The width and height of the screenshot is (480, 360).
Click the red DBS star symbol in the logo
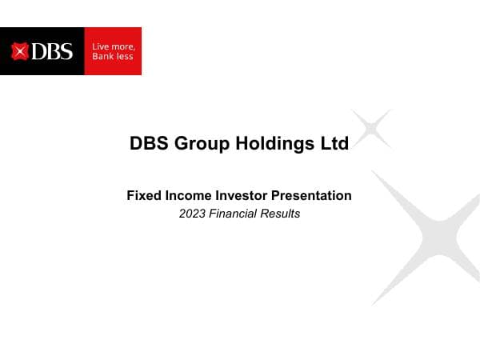[x=21, y=52]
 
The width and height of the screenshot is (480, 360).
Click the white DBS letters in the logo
[x=52, y=52]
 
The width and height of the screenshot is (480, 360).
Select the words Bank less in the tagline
[x=113, y=57]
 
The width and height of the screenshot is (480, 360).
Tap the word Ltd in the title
[x=334, y=144]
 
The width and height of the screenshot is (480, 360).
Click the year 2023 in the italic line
[x=193, y=214]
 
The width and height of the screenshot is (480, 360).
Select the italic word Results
[x=282, y=214]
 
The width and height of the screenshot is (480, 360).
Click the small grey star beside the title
[x=371, y=128]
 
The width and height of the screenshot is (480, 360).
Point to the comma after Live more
[x=134, y=49]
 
